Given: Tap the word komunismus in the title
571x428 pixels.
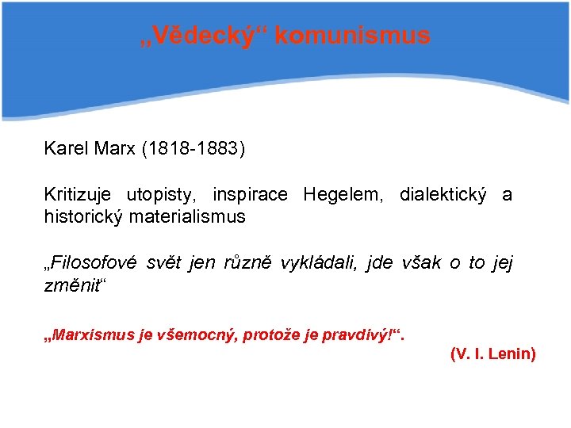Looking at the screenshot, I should coord(354,36).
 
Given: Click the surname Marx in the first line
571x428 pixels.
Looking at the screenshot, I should coord(116,148).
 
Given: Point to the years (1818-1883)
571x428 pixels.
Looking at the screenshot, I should coord(194,148).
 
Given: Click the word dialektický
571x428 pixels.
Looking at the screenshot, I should coord(443,194).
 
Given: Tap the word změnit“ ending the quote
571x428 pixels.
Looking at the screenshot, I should coord(74,284).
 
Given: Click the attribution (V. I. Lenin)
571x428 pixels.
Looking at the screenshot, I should coord(492,353).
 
